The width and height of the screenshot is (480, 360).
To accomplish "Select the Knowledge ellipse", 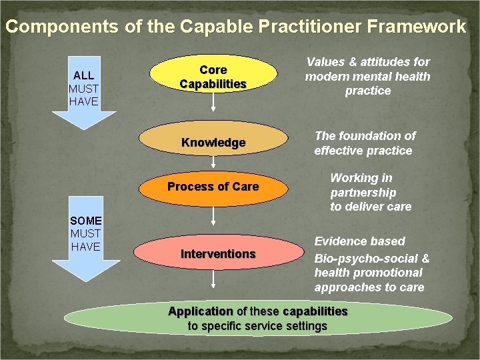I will (x=213, y=143).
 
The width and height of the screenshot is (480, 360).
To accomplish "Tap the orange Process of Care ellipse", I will (x=213, y=187).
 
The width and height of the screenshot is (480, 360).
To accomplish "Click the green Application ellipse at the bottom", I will (x=257, y=319).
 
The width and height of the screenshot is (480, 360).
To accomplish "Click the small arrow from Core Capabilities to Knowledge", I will (x=213, y=103).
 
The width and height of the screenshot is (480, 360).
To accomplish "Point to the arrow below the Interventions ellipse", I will (x=213, y=279).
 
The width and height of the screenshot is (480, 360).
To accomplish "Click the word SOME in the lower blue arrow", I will (x=85, y=221).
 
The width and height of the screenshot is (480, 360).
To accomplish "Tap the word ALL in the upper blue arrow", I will (x=83, y=75).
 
